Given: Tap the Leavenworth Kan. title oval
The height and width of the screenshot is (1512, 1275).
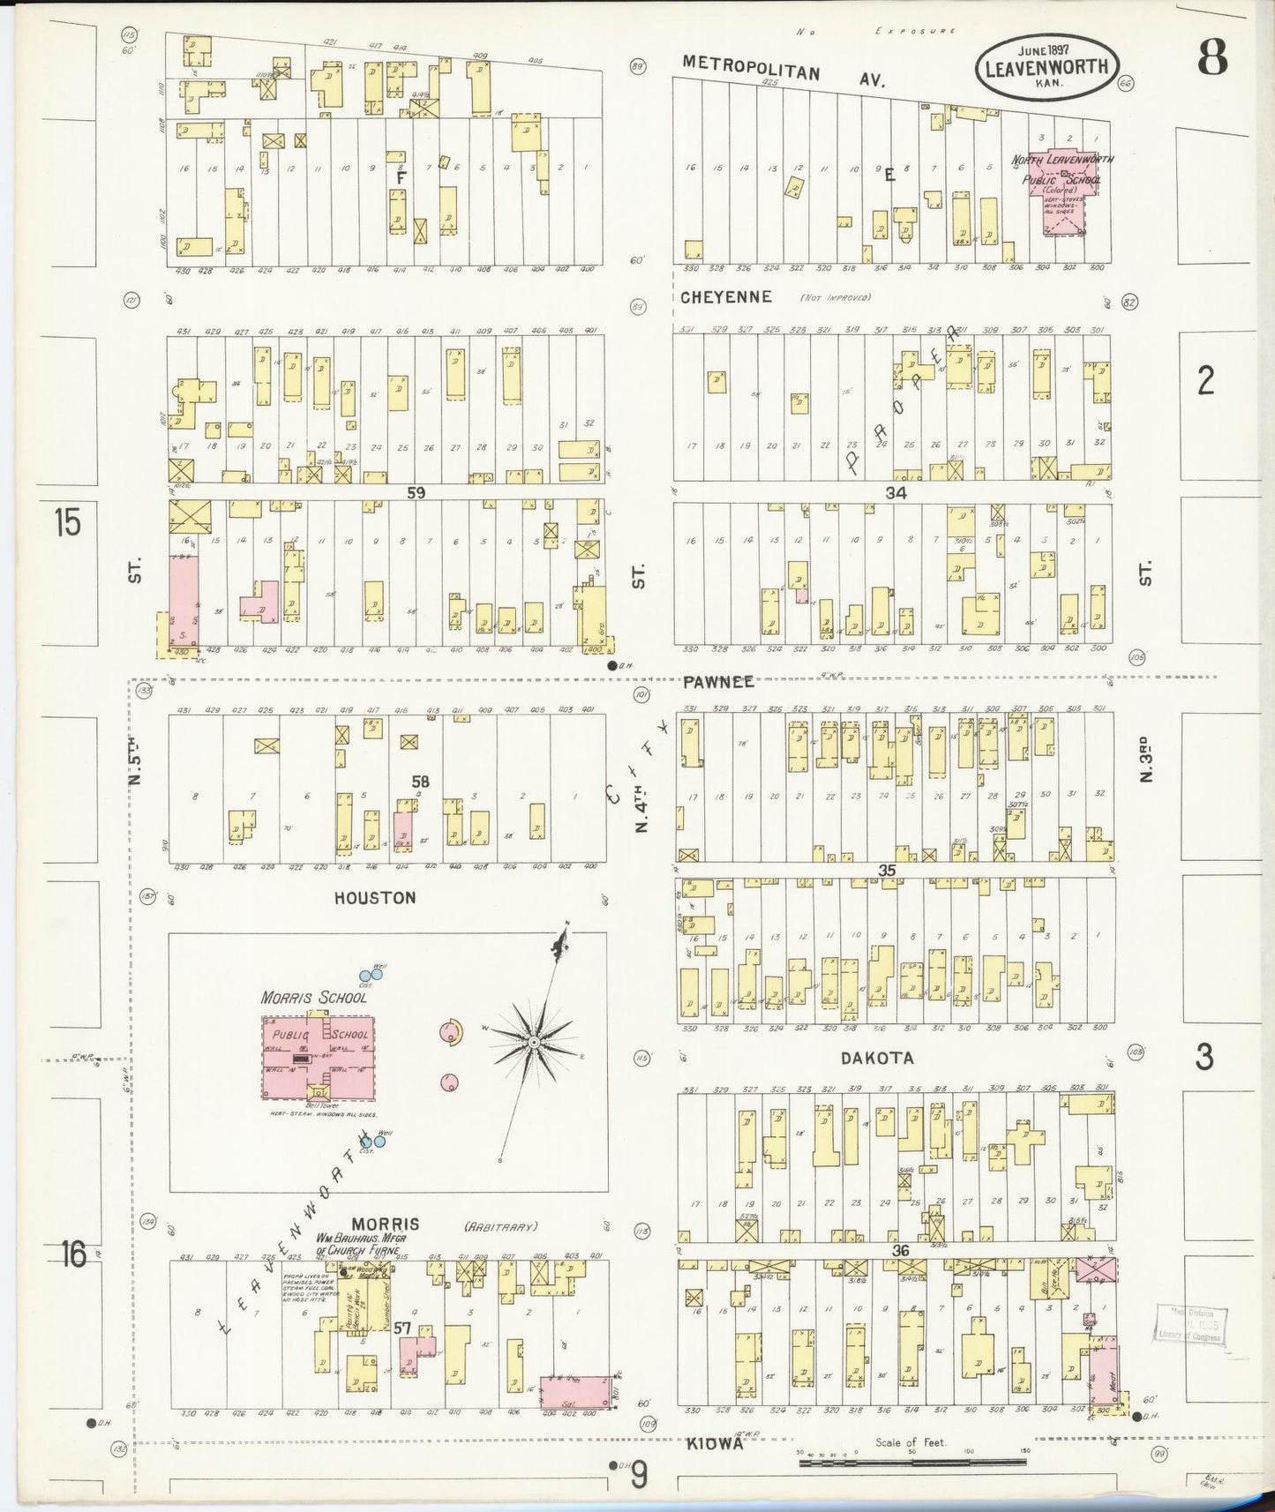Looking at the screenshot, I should [1046, 67].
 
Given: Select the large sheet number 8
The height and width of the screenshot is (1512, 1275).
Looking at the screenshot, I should [1212, 60].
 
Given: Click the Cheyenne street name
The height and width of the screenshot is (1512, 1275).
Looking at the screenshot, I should [725, 297].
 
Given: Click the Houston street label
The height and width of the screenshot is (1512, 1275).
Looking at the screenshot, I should [375, 897].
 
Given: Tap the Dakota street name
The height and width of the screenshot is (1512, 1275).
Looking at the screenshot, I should [876, 1058].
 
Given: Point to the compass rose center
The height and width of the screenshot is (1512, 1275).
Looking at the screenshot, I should [533, 1043].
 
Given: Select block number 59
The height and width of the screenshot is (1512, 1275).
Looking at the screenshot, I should [416, 493].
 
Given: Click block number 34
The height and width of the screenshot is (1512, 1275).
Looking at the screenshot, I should [896, 493].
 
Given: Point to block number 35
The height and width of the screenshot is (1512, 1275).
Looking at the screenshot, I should [887, 871].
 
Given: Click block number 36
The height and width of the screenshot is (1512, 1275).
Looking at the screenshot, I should [899, 1251].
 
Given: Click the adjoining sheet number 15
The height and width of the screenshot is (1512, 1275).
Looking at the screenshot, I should [67, 522].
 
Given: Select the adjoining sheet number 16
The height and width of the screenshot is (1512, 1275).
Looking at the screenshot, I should [72, 1253].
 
